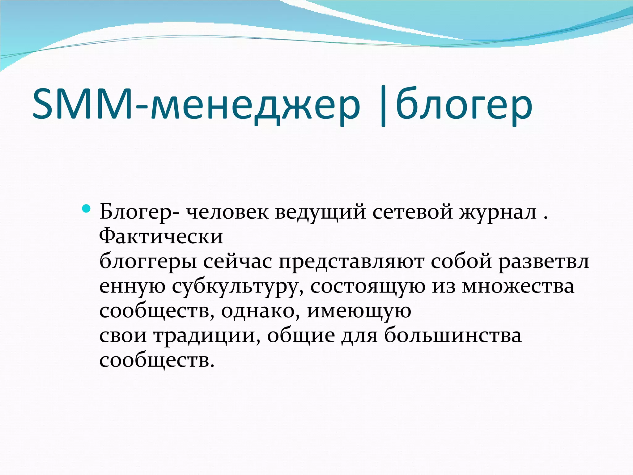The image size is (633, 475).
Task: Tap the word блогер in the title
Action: [x=464, y=105]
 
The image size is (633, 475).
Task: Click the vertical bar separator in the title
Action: [x=384, y=107]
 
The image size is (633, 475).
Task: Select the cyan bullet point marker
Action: [x=87, y=209]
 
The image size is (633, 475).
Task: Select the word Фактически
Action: [x=161, y=237]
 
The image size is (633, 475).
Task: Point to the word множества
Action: [x=518, y=286]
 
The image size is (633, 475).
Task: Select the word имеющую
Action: [x=359, y=311]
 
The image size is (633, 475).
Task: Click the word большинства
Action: [x=453, y=336]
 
